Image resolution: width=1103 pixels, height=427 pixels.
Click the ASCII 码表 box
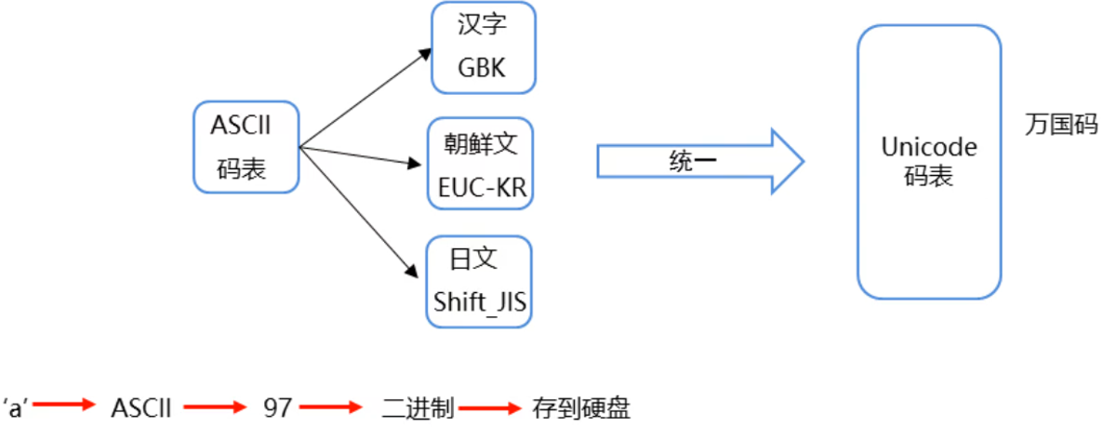click(246, 146)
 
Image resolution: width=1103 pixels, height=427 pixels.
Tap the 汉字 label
click(482, 25)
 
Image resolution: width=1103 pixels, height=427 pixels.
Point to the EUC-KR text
click(482, 189)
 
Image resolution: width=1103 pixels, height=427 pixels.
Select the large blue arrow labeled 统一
click(698, 162)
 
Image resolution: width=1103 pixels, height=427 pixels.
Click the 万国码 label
click(1061, 126)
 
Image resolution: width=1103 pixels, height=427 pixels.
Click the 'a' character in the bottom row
click(16, 407)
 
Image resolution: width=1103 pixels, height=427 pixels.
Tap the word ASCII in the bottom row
click(140, 407)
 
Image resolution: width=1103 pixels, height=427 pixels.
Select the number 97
click(277, 407)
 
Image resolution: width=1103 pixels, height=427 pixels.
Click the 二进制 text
click(418, 407)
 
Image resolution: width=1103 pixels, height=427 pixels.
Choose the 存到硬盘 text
click(581, 407)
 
